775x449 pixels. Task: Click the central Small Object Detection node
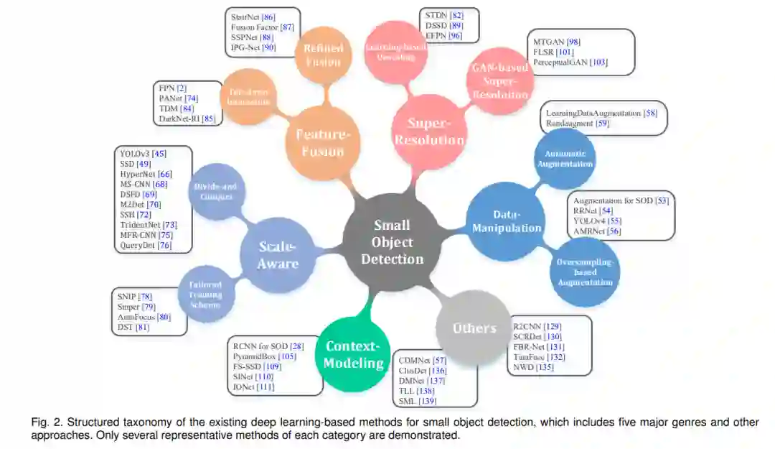click(x=392, y=241)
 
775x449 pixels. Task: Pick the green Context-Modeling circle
click(x=353, y=353)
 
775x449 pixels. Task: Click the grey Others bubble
click(x=474, y=328)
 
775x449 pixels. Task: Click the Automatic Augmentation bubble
click(x=565, y=159)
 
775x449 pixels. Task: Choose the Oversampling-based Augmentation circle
click(x=585, y=272)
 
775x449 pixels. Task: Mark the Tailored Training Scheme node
click(x=206, y=295)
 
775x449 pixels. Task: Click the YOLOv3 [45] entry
click(x=144, y=153)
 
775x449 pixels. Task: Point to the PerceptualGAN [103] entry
click(x=570, y=63)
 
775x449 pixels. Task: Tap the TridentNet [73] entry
click(x=149, y=225)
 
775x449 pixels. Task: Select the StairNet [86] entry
click(x=253, y=16)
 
